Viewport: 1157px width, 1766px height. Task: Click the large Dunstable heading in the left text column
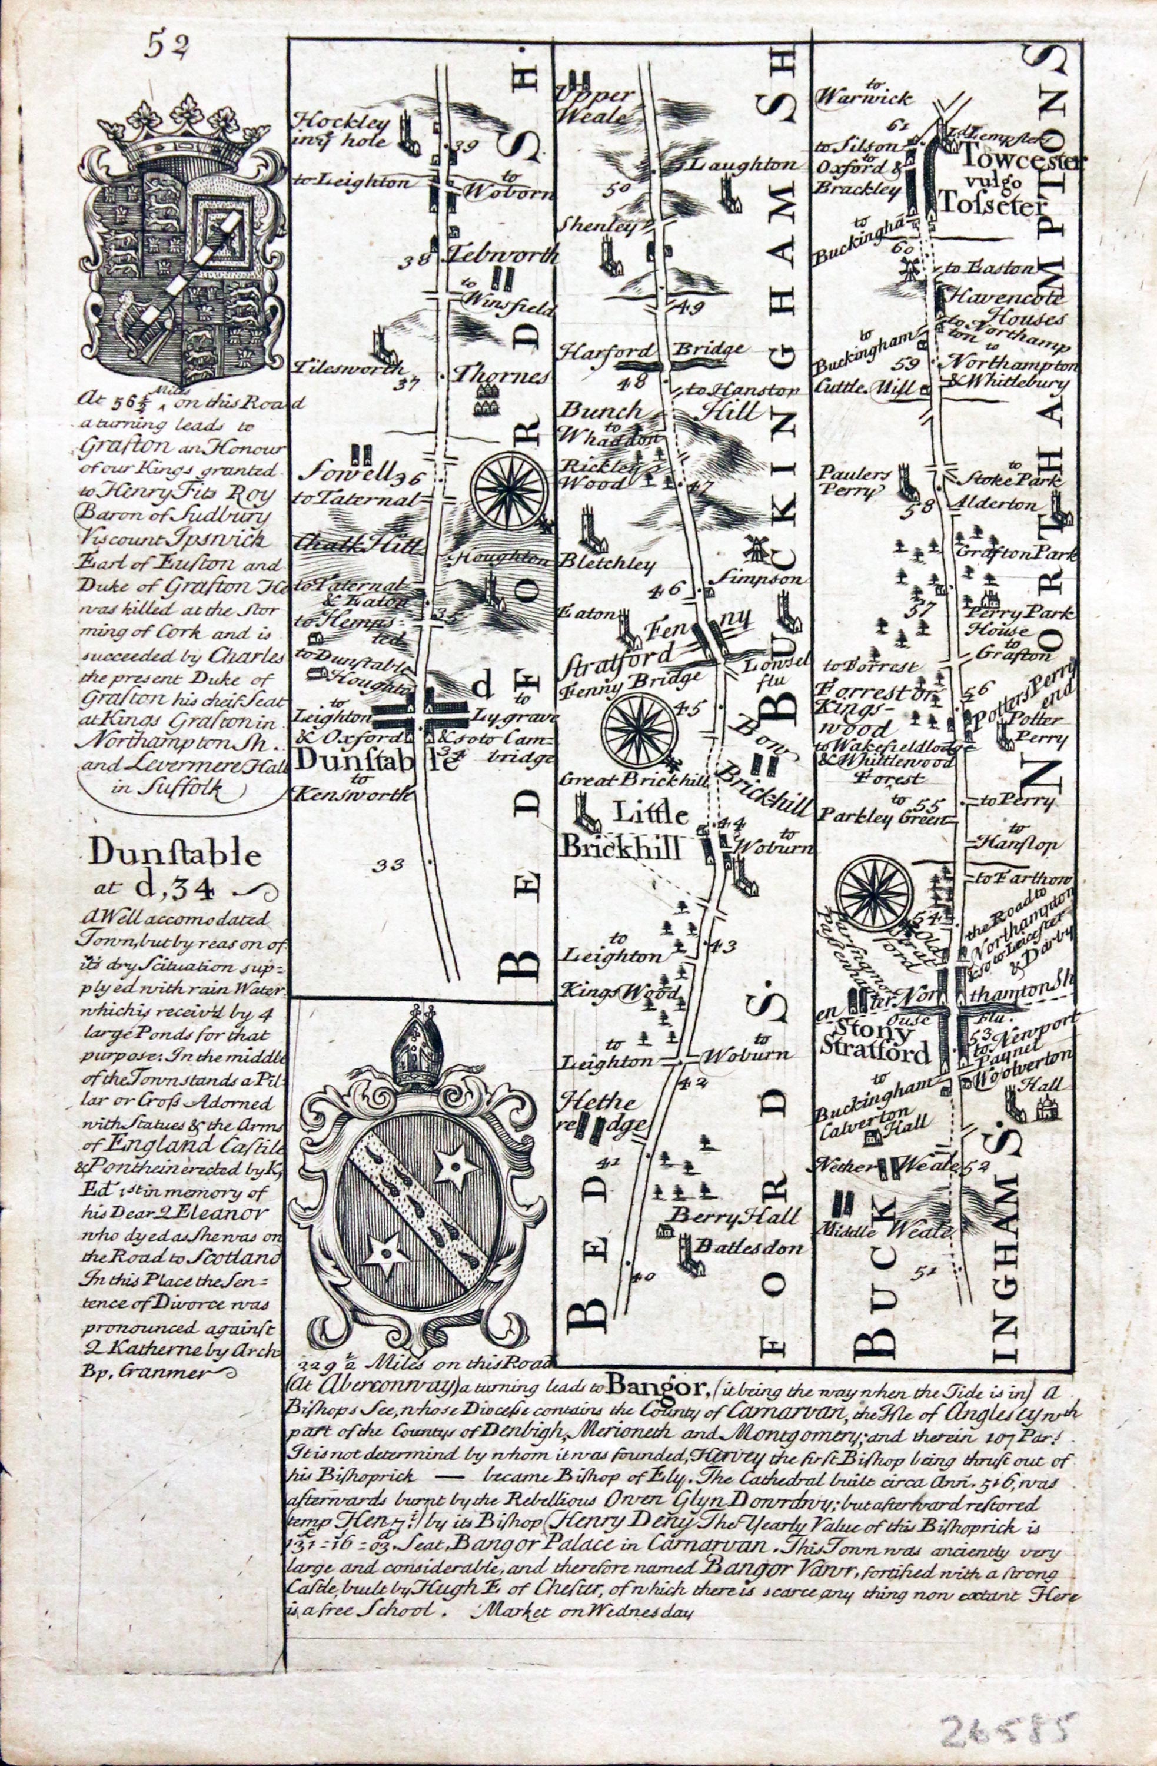[x=175, y=857]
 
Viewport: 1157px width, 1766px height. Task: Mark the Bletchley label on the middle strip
[x=610, y=564]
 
